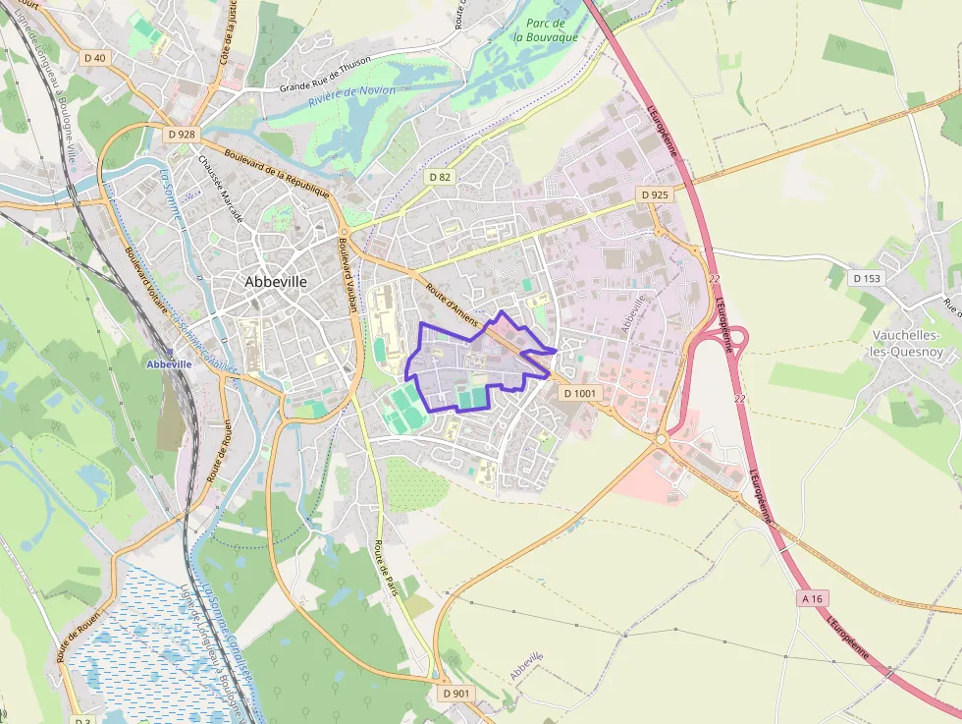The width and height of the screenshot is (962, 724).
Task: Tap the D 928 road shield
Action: point(182,134)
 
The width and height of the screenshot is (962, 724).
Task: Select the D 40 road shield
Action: point(95,58)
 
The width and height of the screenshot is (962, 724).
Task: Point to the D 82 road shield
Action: point(441,177)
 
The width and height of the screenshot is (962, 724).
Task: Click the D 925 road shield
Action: point(655,195)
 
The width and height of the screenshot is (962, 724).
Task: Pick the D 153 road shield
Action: point(868,278)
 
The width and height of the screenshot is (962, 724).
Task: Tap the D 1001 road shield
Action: point(579,393)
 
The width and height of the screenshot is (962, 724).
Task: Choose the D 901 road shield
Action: point(456,693)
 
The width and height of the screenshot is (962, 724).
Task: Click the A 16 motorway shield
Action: point(812,598)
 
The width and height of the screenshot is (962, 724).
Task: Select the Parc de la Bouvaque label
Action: point(546,29)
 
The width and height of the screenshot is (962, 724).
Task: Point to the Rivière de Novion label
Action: point(351,96)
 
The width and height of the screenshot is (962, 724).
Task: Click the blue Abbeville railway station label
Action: point(168,363)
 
